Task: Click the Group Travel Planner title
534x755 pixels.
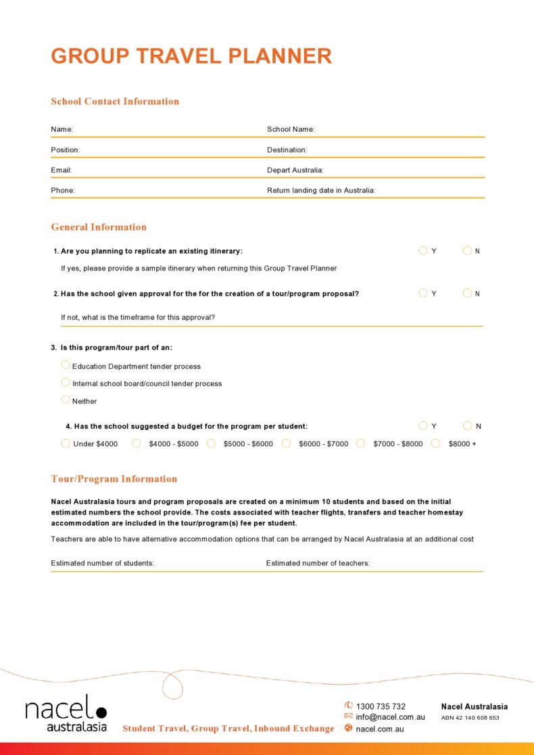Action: [x=191, y=56]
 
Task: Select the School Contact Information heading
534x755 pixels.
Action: [x=115, y=101]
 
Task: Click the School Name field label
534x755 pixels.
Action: [x=291, y=129]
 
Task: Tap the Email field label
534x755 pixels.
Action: [x=62, y=170]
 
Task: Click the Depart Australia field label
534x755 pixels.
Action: [x=295, y=170]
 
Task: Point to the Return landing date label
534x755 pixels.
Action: [x=321, y=191]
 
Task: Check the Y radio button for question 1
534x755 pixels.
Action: [x=423, y=251]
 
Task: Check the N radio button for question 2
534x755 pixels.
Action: [x=467, y=293]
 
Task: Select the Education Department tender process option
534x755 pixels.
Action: [x=66, y=365]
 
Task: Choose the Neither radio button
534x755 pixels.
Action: [x=66, y=400]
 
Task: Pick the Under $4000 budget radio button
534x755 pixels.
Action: [x=66, y=443]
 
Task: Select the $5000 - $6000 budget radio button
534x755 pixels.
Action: [x=211, y=443]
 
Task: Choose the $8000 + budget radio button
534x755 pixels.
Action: [x=436, y=443]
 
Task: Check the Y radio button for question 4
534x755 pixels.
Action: [x=423, y=426]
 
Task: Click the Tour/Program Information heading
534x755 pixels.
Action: [x=114, y=479]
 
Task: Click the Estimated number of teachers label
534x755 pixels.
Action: [x=318, y=563]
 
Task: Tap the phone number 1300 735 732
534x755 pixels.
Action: [x=381, y=706]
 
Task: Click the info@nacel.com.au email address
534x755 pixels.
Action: [x=390, y=717]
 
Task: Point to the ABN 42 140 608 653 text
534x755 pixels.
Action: [x=470, y=718]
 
